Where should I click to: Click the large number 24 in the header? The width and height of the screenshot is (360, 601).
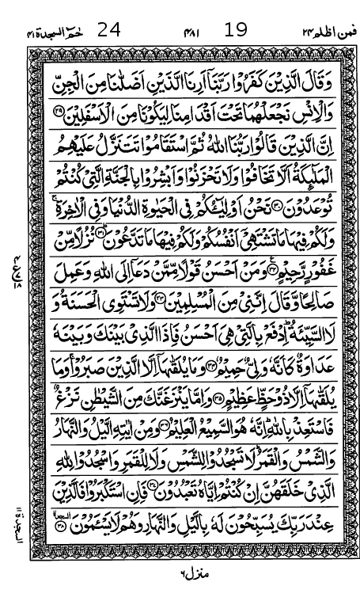[108, 31]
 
